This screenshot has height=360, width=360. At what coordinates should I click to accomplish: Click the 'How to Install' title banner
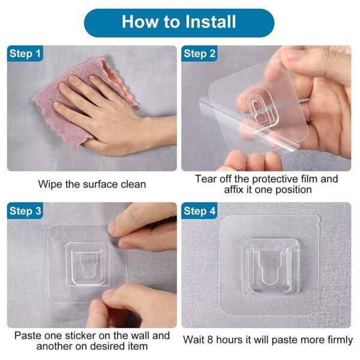pos(179,22)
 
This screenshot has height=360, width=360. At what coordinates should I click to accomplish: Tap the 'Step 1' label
pos(25,54)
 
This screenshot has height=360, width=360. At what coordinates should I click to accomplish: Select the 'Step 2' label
pos(200,54)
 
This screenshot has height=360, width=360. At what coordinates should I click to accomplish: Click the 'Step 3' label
pos(25,211)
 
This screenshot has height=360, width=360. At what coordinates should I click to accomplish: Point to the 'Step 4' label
pos(200,211)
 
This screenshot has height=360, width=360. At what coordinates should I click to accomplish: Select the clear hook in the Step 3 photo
pos(88,265)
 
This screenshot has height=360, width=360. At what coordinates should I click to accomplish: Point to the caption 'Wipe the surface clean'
pos(92,184)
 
